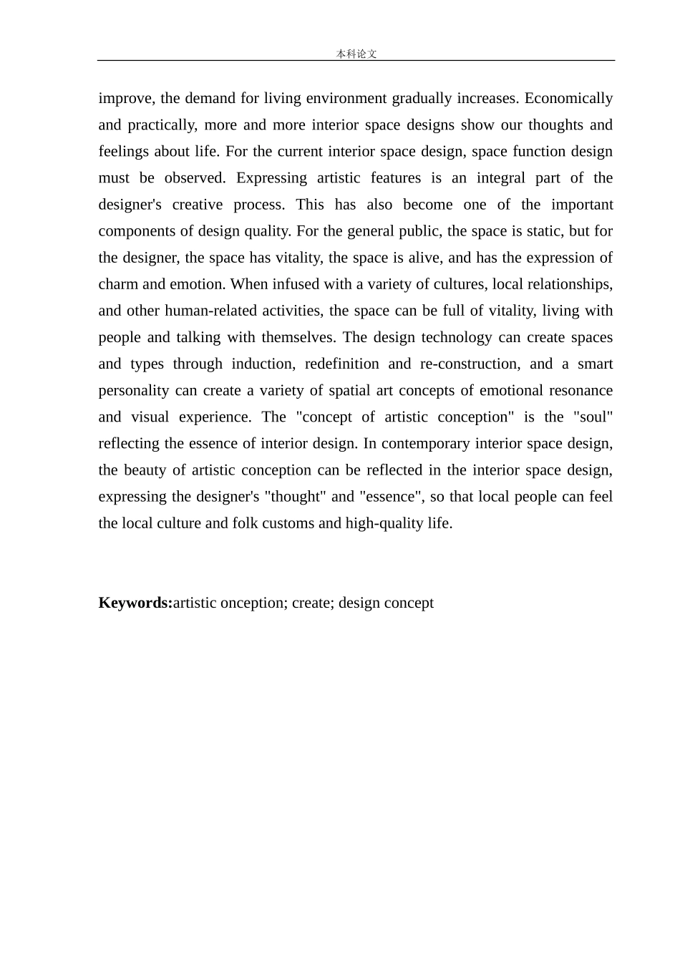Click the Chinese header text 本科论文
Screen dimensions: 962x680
(x=356, y=54)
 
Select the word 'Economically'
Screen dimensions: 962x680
(x=568, y=98)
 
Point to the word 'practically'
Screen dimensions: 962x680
(x=162, y=125)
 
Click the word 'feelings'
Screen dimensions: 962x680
(x=124, y=151)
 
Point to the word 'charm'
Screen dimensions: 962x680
(x=118, y=284)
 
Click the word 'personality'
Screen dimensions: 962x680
(x=134, y=390)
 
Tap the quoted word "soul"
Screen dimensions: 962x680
(x=593, y=417)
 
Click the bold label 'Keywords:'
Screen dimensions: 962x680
(x=135, y=603)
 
